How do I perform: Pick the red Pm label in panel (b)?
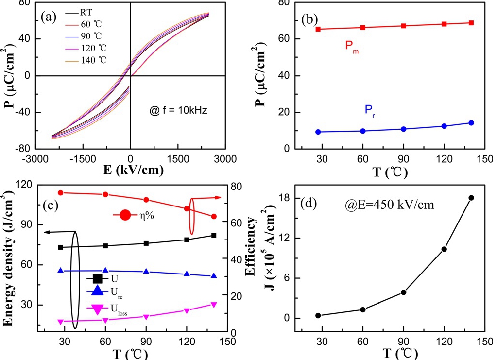click(353, 46)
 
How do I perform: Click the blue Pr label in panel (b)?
click(370, 110)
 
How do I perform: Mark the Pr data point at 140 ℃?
click(471, 123)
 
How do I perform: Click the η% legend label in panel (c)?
click(144, 215)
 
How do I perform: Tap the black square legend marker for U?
click(97, 279)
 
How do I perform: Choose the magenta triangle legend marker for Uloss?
click(97, 309)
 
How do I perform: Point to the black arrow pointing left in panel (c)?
click(58, 232)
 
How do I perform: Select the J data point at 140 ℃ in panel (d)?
click(471, 198)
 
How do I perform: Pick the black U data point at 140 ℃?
click(213, 235)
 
